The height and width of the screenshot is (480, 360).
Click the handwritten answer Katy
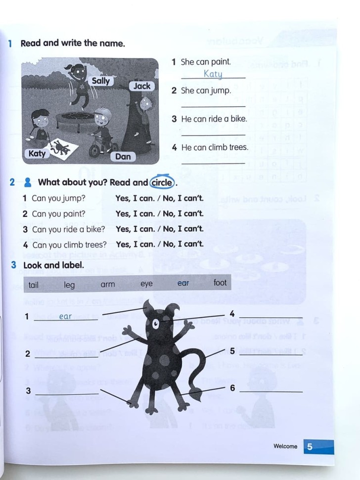pyautogui.click(x=213, y=74)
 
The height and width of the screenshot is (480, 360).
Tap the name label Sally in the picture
pyautogui.click(x=101, y=81)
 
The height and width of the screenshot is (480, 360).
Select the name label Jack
pyautogui.click(x=142, y=86)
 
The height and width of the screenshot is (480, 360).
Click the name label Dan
pyautogui.click(x=123, y=156)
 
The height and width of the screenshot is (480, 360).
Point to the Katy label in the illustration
pyautogui.click(x=37, y=153)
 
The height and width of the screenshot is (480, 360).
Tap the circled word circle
pyautogui.click(x=162, y=182)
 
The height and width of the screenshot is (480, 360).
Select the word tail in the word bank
pyautogui.click(x=33, y=285)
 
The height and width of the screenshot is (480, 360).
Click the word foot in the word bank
pyautogui.click(x=220, y=283)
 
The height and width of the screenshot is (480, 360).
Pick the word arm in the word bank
pyautogui.click(x=107, y=284)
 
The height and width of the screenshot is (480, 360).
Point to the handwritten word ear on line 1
pyautogui.click(x=65, y=316)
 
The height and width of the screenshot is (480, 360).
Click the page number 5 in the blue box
pyautogui.click(x=310, y=446)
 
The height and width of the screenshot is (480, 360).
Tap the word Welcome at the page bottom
pyautogui.click(x=285, y=446)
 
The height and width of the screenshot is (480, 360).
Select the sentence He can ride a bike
pyautogui.click(x=214, y=119)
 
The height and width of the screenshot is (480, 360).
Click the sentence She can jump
pyautogui.click(x=206, y=91)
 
